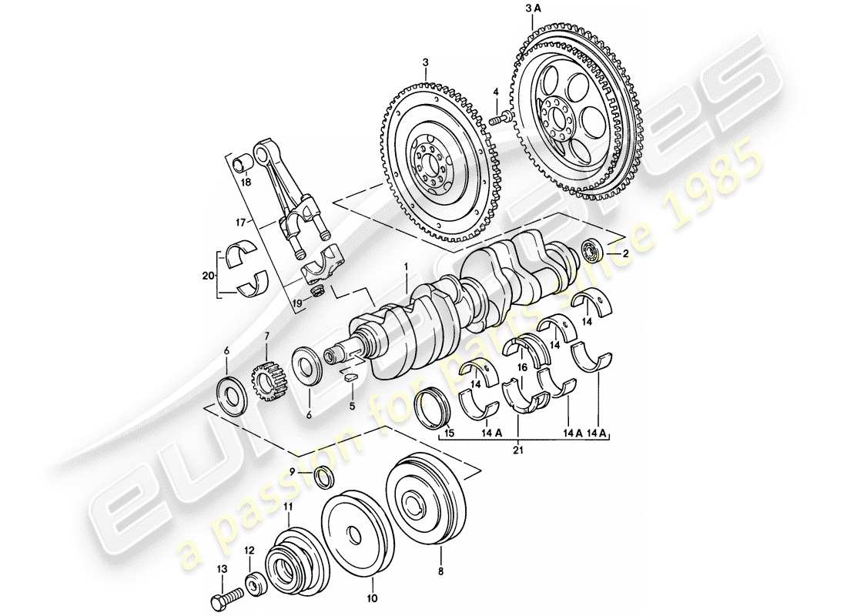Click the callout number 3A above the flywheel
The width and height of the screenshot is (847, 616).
coord(533,8)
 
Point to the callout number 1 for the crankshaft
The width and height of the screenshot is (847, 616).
coord(405,269)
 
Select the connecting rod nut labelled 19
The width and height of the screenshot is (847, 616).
coord(316,291)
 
